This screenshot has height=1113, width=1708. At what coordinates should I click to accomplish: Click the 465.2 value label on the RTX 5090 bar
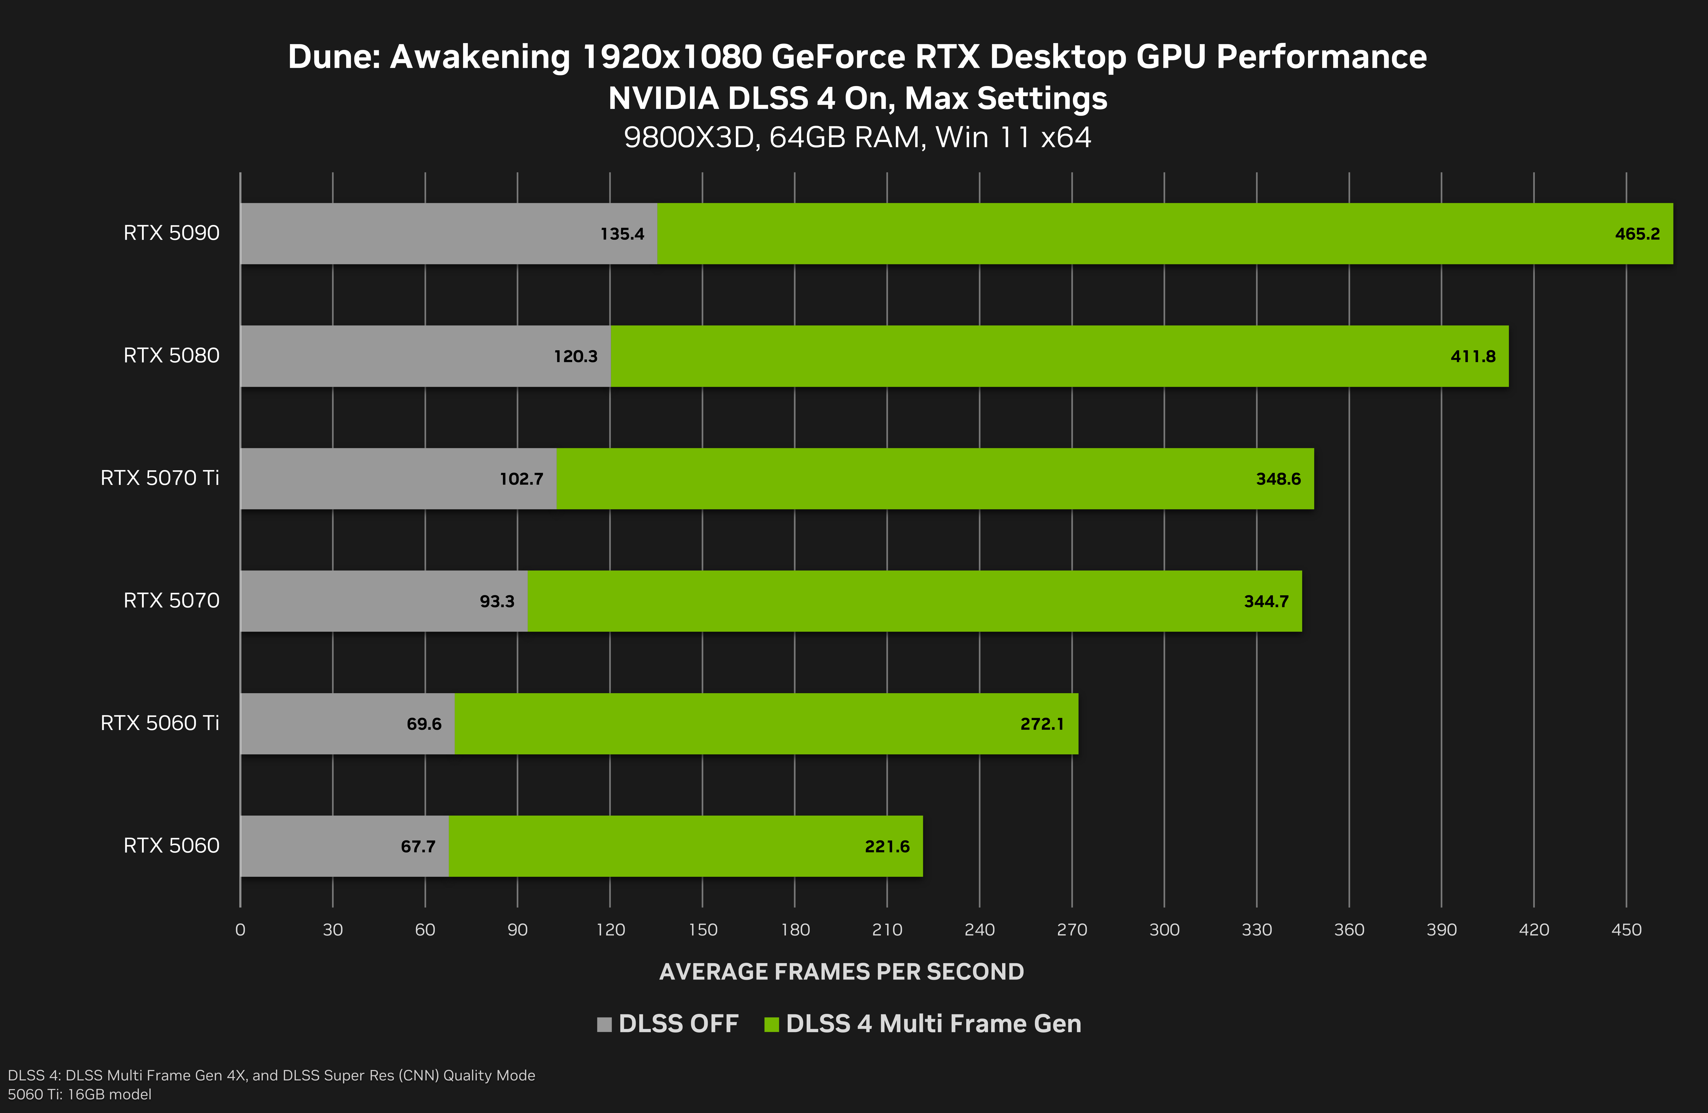coord(1637,234)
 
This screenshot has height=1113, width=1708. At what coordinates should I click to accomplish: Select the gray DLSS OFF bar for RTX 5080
coord(395,356)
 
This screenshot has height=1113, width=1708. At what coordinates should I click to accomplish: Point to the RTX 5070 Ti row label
coord(159,478)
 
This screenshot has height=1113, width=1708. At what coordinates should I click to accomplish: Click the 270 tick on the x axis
coord(1072,930)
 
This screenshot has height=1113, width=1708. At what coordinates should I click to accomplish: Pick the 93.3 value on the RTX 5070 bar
coord(497,601)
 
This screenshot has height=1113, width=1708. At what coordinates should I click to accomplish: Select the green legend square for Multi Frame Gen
coord(771,1024)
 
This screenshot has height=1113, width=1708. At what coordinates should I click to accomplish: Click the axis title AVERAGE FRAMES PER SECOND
coord(841,972)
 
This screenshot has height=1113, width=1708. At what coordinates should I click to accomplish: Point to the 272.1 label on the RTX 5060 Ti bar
coord(1041,724)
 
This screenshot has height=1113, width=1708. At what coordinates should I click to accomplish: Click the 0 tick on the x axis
coord(240,930)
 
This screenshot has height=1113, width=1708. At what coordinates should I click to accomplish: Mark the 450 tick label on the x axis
coord(1626,930)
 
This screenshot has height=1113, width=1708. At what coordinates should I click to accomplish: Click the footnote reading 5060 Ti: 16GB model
coord(80,1094)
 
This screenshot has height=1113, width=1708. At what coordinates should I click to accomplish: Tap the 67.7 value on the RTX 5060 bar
coord(418,847)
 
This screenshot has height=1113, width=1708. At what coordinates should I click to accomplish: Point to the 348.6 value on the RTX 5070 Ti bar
coord(1277,479)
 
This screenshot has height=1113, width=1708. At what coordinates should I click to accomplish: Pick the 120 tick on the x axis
coord(610,930)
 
